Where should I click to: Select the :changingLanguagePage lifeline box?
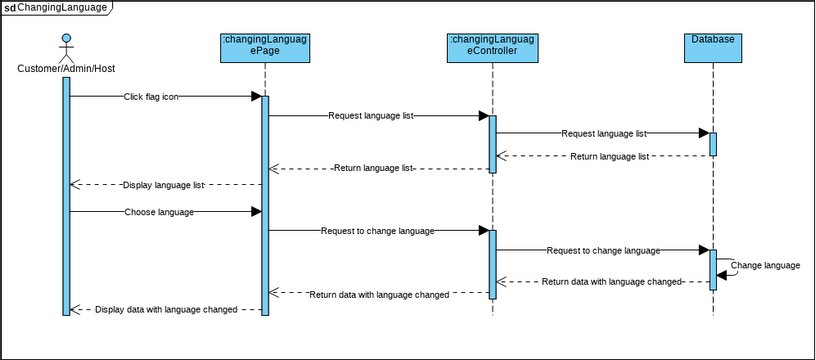(x=265, y=46)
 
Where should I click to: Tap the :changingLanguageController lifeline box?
(x=493, y=46)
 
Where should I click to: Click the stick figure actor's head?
(x=66, y=40)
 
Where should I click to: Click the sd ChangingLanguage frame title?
(x=55, y=7)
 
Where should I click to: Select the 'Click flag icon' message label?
(x=152, y=97)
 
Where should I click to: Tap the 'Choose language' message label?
(x=159, y=212)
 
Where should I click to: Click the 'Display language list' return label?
(x=164, y=185)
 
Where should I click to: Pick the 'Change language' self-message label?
(x=766, y=265)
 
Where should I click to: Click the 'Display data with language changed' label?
(x=166, y=310)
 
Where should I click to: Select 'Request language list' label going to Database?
(x=603, y=133)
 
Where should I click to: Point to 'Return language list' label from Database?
(x=610, y=156)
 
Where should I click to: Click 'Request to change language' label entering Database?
(x=603, y=250)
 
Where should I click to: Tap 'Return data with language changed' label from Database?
(x=611, y=282)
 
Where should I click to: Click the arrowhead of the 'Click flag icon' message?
(x=256, y=97)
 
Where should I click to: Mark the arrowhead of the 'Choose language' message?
(x=256, y=212)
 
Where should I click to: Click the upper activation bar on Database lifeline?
(x=713, y=143)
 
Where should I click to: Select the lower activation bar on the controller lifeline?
(x=493, y=262)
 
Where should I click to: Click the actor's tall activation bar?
(x=66, y=195)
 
